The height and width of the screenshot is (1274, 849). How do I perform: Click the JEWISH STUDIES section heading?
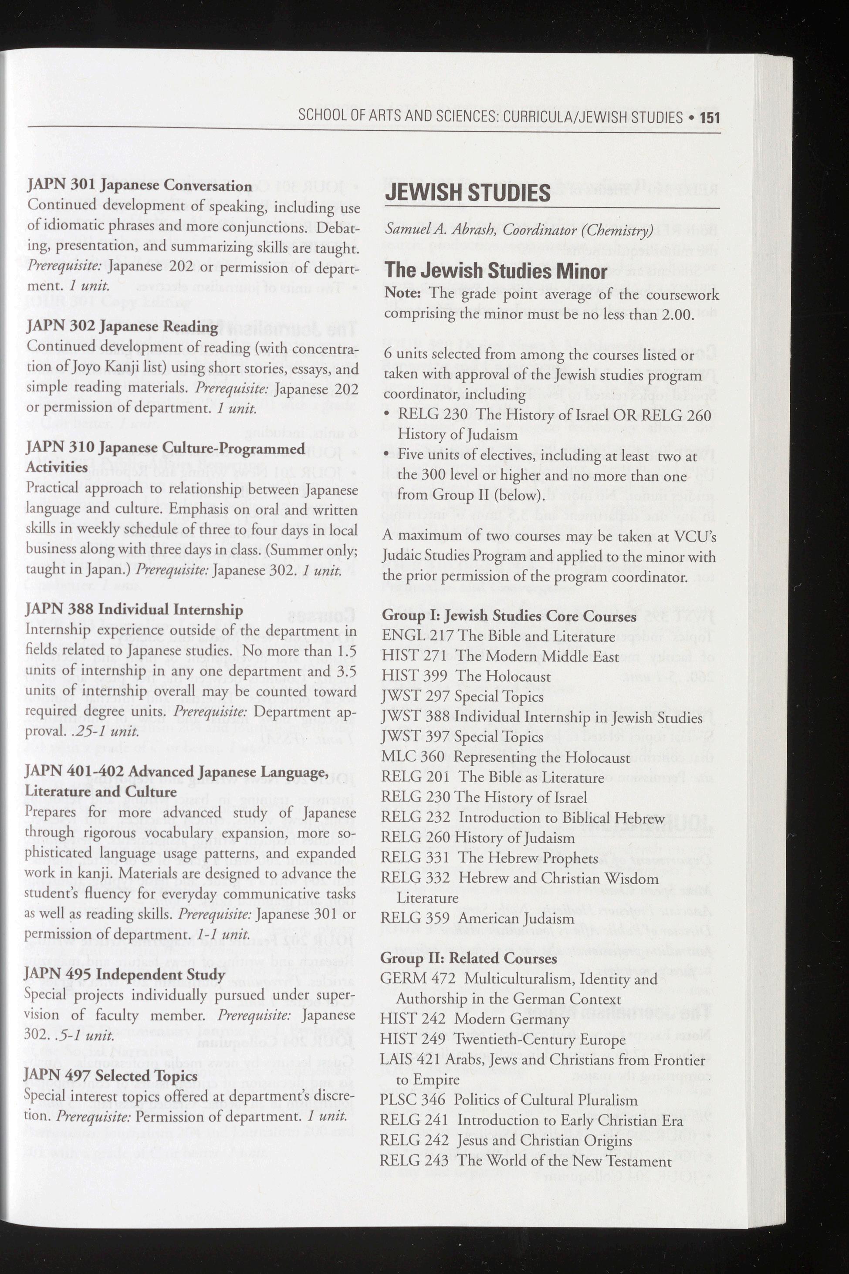tap(467, 193)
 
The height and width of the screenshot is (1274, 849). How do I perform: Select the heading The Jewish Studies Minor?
tap(495, 271)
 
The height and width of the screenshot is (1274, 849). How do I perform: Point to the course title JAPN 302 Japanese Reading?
tap(122, 327)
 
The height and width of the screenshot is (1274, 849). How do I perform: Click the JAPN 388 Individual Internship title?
tap(134, 610)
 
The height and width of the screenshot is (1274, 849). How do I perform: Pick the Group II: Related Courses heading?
tap(468, 958)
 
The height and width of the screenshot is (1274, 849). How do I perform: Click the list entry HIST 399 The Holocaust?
tap(466, 676)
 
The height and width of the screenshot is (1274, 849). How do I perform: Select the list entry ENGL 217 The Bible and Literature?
tap(498, 636)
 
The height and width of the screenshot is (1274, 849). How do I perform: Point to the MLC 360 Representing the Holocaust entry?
tap(505, 757)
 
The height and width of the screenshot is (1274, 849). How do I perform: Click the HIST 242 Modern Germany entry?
tap(474, 1019)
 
